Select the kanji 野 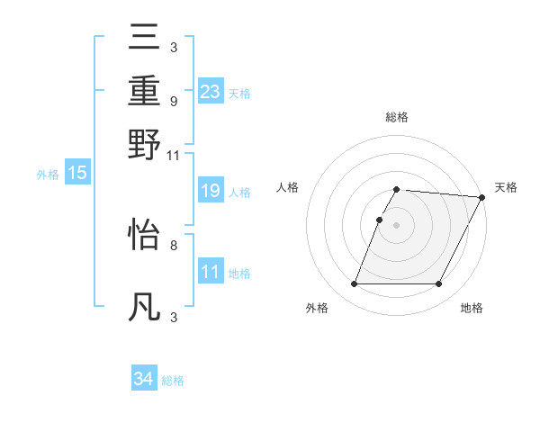click(x=145, y=145)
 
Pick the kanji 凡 click(x=145, y=308)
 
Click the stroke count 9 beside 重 click(x=173, y=101)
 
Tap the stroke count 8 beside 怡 click(x=173, y=244)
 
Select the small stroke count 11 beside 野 click(x=173, y=155)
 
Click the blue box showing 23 click(x=211, y=92)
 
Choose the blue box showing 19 click(x=211, y=191)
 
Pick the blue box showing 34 click(x=144, y=379)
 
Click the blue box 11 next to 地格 click(x=211, y=272)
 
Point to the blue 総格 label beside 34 click(x=174, y=381)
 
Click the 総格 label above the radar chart click(x=397, y=118)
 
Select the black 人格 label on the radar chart click(x=288, y=187)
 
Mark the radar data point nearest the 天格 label click(x=482, y=197)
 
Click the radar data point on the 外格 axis click(x=354, y=284)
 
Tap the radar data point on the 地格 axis click(x=439, y=284)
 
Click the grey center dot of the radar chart click(x=397, y=224)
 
